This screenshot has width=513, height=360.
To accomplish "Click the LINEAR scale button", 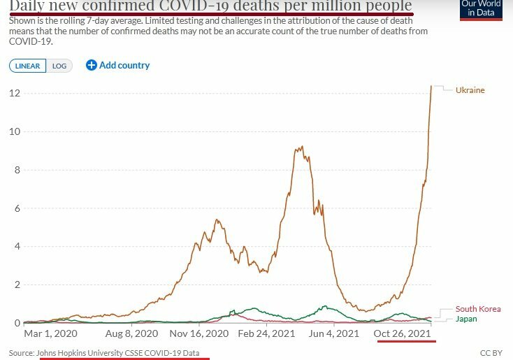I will pos(28,66).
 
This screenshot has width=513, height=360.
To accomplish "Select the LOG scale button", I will pos(59,66).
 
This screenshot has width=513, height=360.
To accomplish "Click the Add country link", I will pos(118,65).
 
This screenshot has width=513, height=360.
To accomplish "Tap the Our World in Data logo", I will pos(481,8).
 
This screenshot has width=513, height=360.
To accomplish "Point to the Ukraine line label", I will pos(470,90).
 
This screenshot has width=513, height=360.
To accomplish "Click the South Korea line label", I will pos(478,309).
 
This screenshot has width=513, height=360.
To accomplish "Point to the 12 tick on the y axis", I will pos(14,94).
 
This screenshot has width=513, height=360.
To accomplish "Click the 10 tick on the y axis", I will pos(14,132).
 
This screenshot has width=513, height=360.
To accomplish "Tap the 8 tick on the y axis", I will pos(16,170).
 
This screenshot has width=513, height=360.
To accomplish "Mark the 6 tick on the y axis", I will pos(16,208).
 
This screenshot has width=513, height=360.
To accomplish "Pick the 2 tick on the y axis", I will pos(16,285).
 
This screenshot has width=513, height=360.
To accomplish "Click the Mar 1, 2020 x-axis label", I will pos(47,333).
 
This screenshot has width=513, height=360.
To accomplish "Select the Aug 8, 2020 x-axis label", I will pos(134,333).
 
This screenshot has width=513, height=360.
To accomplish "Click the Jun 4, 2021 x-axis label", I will pos(334,333).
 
